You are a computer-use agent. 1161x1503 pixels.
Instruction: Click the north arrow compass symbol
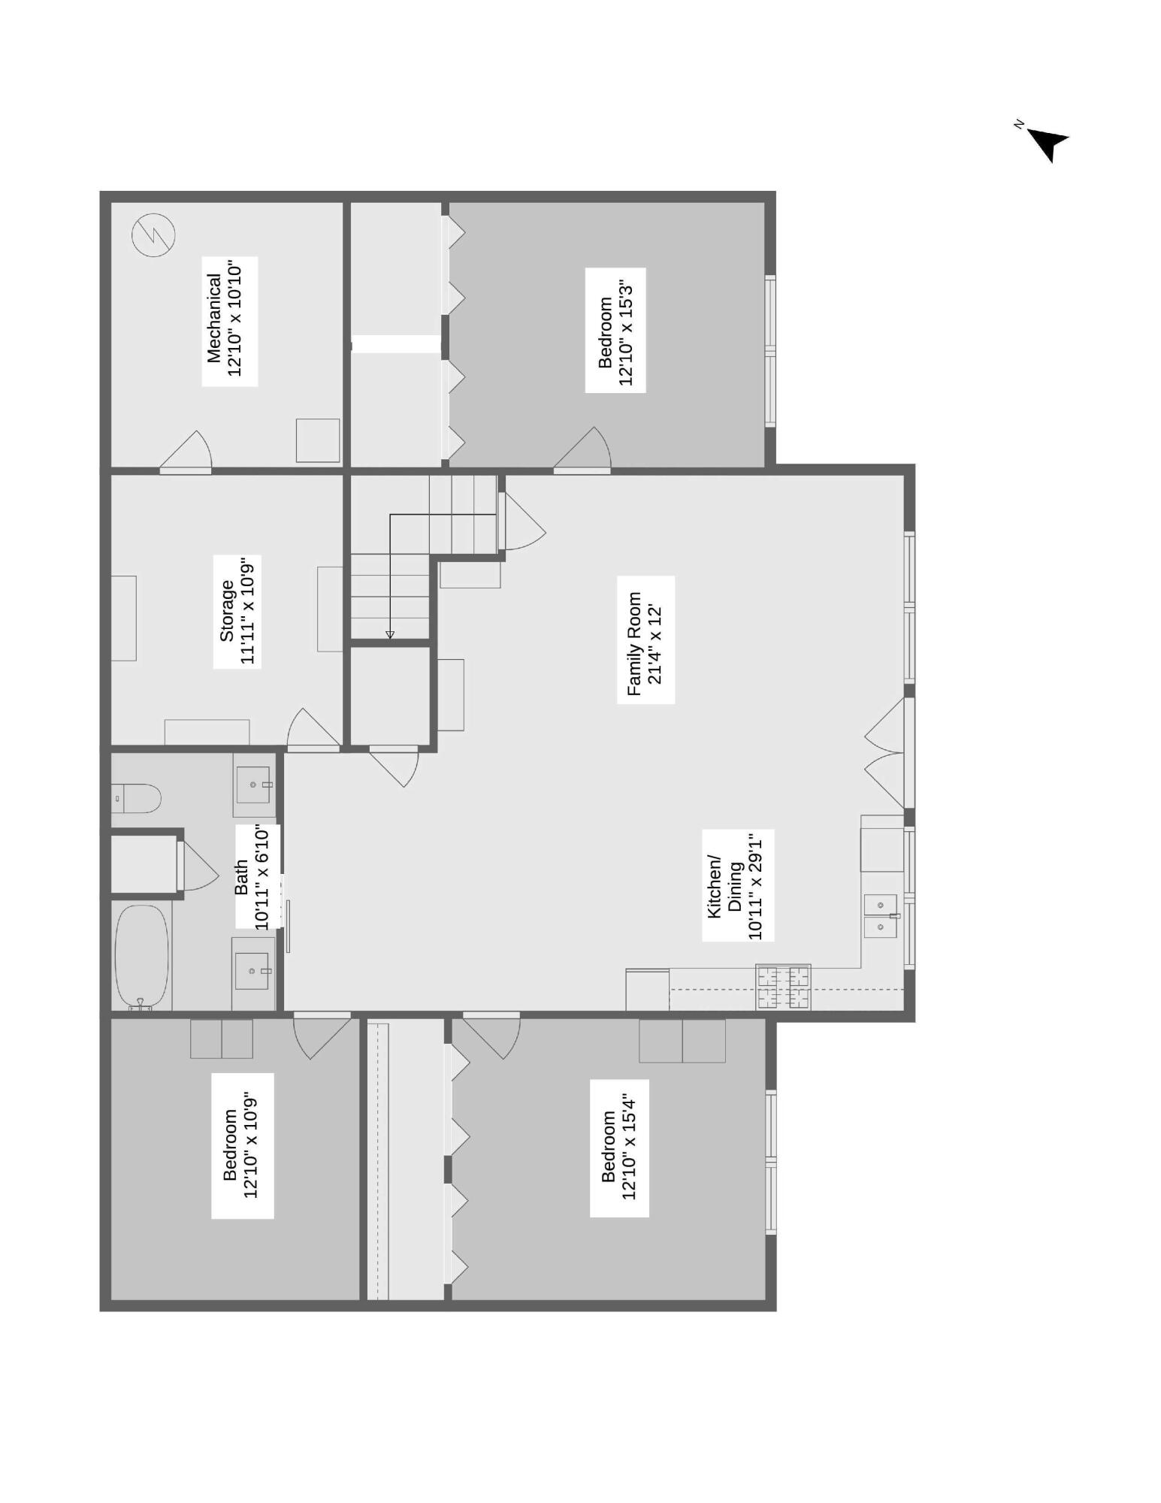pyautogui.click(x=1046, y=142)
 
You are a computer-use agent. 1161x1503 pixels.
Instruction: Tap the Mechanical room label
pyautogui.click(x=231, y=321)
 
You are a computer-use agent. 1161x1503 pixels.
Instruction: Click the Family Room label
pyautogui.click(x=646, y=640)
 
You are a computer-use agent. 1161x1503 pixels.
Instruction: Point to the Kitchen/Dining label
pyautogui.click(x=737, y=885)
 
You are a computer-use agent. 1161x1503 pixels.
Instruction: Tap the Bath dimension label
pyautogui.click(x=257, y=876)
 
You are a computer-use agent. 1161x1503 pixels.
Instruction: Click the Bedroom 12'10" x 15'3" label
pyautogui.click(x=615, y=331)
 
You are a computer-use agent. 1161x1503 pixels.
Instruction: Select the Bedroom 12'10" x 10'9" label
pyautogui.click(x=242, y=1145)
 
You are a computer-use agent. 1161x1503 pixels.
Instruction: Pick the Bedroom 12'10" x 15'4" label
pyautogui.click(x=618, y=1148)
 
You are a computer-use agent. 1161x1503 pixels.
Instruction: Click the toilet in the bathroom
pyautogui.click(x=137, y=798)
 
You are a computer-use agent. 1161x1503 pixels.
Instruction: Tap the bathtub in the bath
pyautogui.click(x=141, y=955)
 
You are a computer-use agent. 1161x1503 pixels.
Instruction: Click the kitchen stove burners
pyautogui.click(x=783, y=987)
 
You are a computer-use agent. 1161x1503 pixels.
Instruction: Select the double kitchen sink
pyautogui.click(x=880, y=915)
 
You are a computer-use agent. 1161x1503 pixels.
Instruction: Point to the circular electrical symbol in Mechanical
pyautogui.click(x=154, y=234)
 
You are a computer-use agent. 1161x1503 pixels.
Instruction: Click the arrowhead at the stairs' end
pyautogui.click(x=389, y=635)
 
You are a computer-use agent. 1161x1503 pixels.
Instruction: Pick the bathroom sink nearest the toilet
pyautogui.click(x=253, y=785)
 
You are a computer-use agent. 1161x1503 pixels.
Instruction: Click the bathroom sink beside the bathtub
pyautogui.click(x=252, y=970)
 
